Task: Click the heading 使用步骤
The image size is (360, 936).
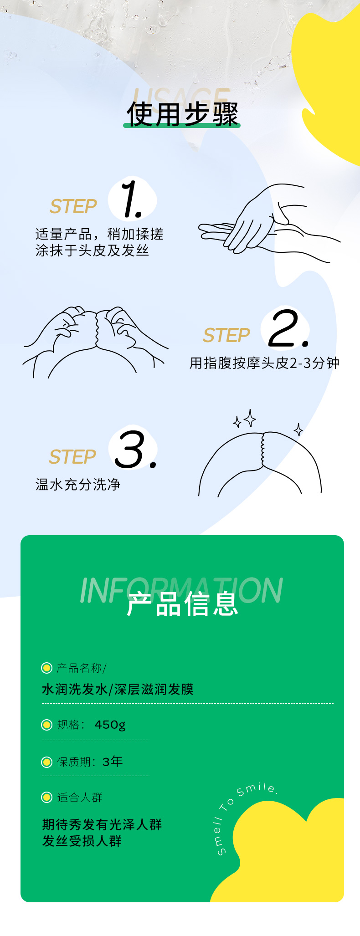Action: click(x=182, y=114)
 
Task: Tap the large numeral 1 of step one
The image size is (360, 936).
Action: click(x=132, y=199)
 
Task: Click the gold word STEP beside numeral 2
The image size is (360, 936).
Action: click(x=226, y=336)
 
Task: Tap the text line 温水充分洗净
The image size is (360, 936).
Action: click(x=78, y=485)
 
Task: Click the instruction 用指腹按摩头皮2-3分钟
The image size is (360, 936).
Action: click(x=264, y=363)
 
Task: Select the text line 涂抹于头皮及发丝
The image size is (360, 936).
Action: click(x=92, y=251)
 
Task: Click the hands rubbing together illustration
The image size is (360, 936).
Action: click(x=269, y=223)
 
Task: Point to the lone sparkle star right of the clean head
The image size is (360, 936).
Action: click(x=298, y=430)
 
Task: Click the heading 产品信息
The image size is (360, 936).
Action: click(x=182, y=605)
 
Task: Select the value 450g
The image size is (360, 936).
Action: click(x=110, y=725)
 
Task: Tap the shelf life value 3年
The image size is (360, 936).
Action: click(x=113, y=761)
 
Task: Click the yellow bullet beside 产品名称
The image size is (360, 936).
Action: click(x=46, y=668)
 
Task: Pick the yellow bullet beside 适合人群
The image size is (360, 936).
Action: click(x=46, y=797)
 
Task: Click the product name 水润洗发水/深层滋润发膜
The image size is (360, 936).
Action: click(x=118, y=689)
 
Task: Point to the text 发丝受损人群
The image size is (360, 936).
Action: click(x=82, y=841)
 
